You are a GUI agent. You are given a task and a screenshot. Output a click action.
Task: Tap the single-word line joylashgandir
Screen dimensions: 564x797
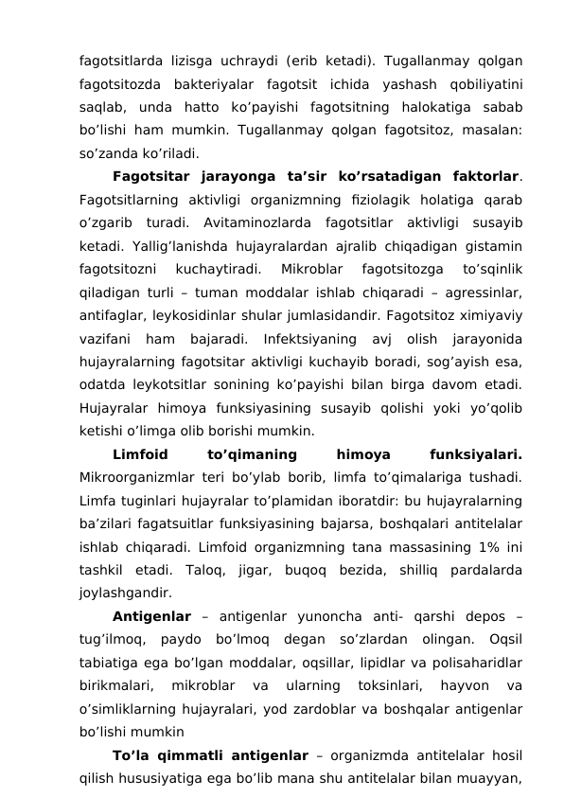coord(127,594)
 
